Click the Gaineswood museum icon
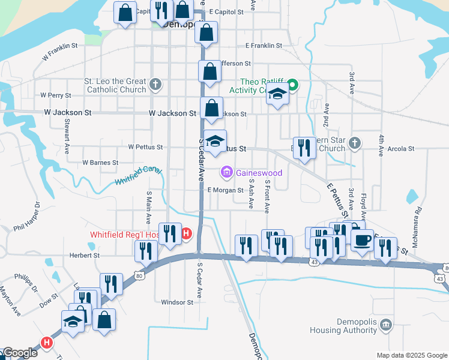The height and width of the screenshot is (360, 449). (227, 173)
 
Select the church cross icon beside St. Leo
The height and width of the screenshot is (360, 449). (155, 84)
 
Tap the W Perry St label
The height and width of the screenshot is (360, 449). (55, 95)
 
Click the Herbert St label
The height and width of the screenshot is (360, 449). (84, 255)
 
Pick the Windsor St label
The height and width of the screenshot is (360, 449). (177, 302)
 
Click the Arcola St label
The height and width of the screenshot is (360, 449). (402, 148)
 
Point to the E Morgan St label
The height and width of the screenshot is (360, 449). (224, 190)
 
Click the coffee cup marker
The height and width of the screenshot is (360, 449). (362, 241)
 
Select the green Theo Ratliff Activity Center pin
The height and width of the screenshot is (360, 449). (292, 85)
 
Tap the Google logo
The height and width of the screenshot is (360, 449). (20, 353)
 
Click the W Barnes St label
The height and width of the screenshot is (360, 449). (100, 163)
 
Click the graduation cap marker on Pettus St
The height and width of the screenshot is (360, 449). (215, 142)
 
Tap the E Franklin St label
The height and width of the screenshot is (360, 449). (264, 46)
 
